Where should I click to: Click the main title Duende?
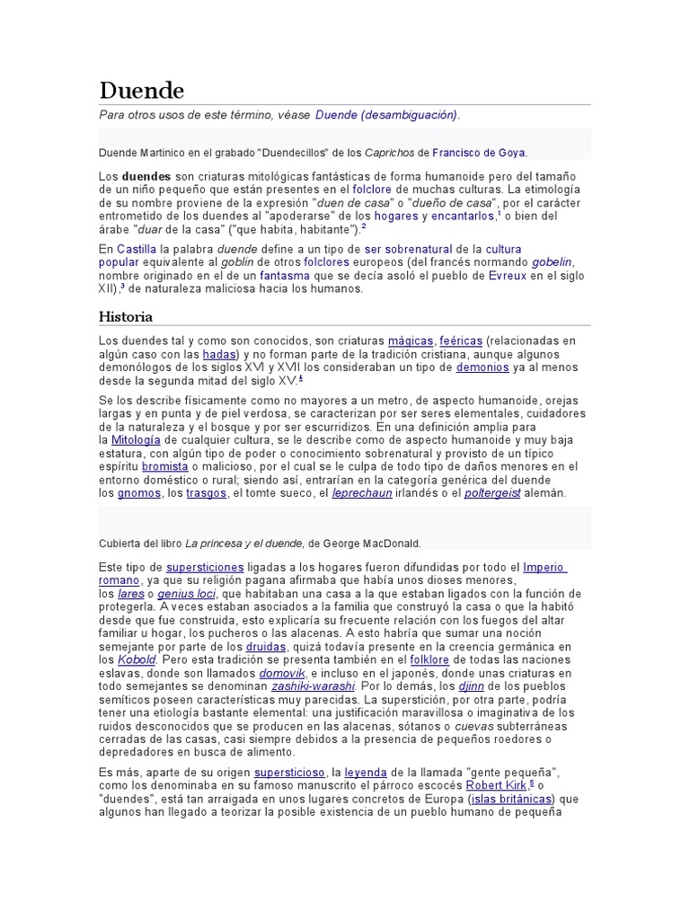(141, 91)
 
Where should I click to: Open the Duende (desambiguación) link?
(385, 116)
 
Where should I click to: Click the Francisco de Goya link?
(479, 153)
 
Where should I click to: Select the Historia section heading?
(125, 316)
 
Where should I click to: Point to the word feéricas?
(460, 341)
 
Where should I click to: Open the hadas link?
(218, 355)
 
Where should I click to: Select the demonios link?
(482, 367)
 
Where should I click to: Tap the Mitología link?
(136, 440)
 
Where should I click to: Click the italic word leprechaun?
(362, 493)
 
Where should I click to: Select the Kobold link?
(137, 659)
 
